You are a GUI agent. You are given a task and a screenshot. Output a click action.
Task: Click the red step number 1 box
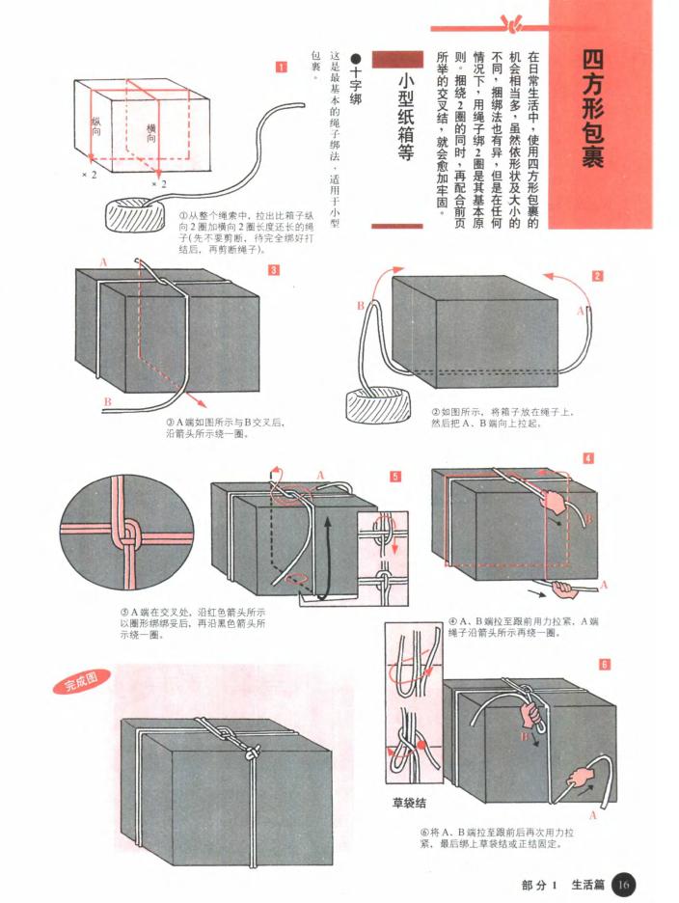point(281,67)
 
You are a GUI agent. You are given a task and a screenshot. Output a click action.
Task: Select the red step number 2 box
point(597,275)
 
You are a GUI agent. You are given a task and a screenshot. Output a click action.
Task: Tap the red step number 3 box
point(274,270)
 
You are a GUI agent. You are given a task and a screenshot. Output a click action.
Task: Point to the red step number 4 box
point(587,458)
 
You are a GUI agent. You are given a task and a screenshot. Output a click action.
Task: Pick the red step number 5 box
point(395,477)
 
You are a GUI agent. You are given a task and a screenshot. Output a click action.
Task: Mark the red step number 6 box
point(604,664)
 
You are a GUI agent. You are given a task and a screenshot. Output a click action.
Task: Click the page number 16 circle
point(624,883)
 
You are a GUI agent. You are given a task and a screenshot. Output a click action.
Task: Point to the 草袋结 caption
point(409,802)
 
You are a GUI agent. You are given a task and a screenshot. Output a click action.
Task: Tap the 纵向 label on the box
point(96,125)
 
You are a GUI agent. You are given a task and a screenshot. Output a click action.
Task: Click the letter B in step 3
point(107,401)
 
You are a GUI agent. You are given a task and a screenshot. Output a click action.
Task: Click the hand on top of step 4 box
point(554,500)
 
